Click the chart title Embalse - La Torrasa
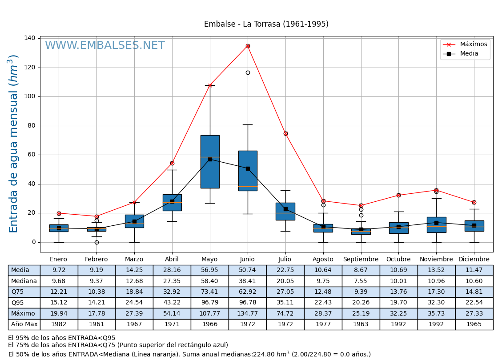pos(266,24)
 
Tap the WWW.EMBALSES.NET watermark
pos(104,46)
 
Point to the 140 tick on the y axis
pos(30,38)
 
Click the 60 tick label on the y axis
pos(32,155)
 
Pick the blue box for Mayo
pos(210,162)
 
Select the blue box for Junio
pos(248,171)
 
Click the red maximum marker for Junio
pos(248,46)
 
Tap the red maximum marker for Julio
pos(285,133)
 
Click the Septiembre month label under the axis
pos(361,260)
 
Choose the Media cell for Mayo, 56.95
pos(209,270)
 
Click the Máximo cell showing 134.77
pos(247,313)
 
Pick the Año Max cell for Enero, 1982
pos(59,324)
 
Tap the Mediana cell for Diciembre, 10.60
pos(474,281)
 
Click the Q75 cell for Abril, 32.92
pos(172,292)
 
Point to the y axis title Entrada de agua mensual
pos(13,144)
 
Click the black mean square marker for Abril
pos(172,201)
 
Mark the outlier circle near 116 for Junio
pos(248,72)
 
